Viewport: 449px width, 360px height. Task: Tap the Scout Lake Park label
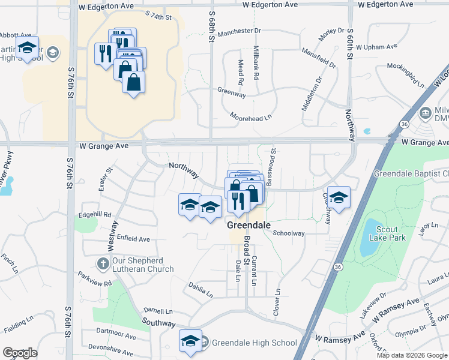click(391, 233)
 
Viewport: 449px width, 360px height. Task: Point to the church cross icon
click(103, 263)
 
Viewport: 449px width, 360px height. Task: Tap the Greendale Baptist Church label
click(411, 173)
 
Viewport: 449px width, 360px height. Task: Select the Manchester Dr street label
click(240, 31)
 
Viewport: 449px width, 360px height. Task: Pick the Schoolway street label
click(289, 233)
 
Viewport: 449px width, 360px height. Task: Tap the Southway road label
click(158, 323)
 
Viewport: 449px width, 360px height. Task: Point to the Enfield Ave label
click(133, 239)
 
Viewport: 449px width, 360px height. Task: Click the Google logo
click(20, 353)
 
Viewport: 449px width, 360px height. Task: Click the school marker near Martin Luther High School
click(27, 48)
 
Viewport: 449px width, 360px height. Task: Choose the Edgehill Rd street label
click(95, 214)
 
